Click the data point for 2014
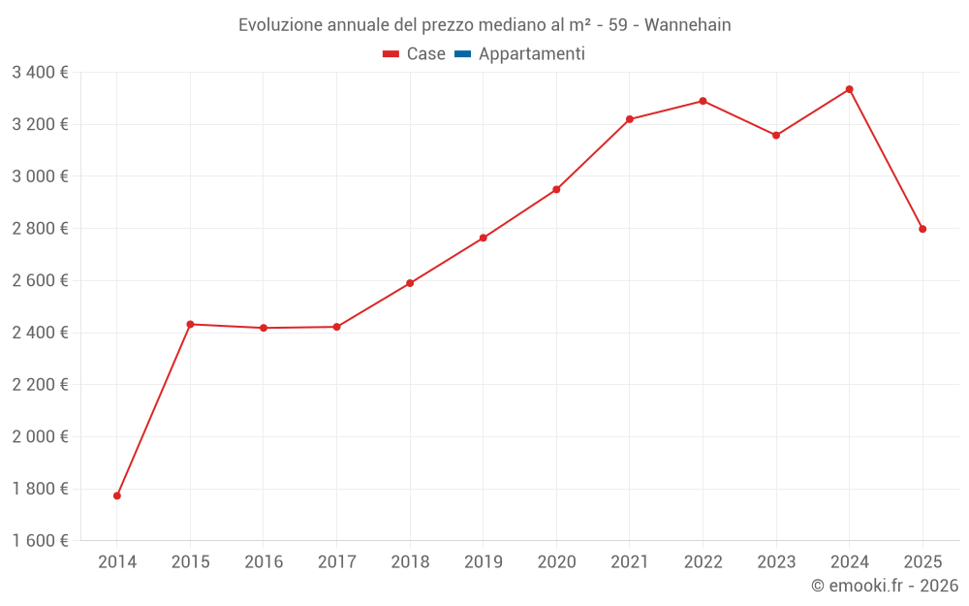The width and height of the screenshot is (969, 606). tap(117, 495)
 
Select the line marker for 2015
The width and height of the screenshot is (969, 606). tap(190, 324)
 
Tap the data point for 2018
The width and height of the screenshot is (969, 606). tap(410, 283)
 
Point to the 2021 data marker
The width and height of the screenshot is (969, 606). tap(630, 119)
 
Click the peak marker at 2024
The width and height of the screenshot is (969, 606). tap(850, 89)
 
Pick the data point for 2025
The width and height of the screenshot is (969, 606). tap(922, 229)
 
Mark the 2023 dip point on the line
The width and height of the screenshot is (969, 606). tap(776, 135)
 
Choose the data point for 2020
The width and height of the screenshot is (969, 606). tap(556, 189)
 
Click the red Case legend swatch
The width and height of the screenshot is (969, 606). tap(391, 54)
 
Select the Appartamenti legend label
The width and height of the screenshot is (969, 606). tap(531, 54)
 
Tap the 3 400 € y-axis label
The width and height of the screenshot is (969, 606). tap(40, 72)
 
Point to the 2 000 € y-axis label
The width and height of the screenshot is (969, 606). tap(40, 436)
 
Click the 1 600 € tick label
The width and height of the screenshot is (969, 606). tap(40, 541)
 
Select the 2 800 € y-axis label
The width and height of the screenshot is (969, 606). tap(40, 228)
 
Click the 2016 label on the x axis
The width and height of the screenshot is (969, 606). tap(264, 561)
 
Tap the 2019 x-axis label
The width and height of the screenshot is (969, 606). tap(484, 561)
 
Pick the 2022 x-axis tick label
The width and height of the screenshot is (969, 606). tap(703, 561)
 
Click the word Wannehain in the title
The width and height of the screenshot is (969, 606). tap(687, 24)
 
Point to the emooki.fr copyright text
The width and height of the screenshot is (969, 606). tap(885, 586)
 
